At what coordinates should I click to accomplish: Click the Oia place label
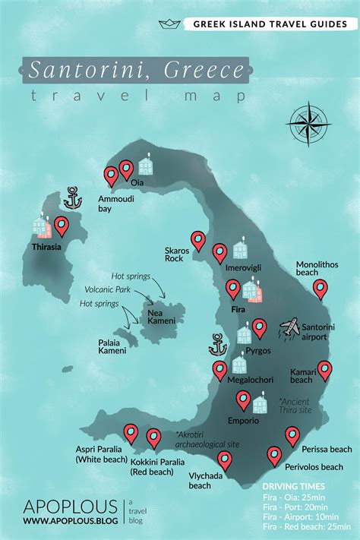pyautogui.click(x=137, y=182)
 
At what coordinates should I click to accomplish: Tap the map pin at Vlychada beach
pyautogui.click(x=225, y=459)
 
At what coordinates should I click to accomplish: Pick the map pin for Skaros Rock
pyautogui.click(x=198, y=241)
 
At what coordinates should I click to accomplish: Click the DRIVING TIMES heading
pyautogui.click(x=293, y=486)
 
